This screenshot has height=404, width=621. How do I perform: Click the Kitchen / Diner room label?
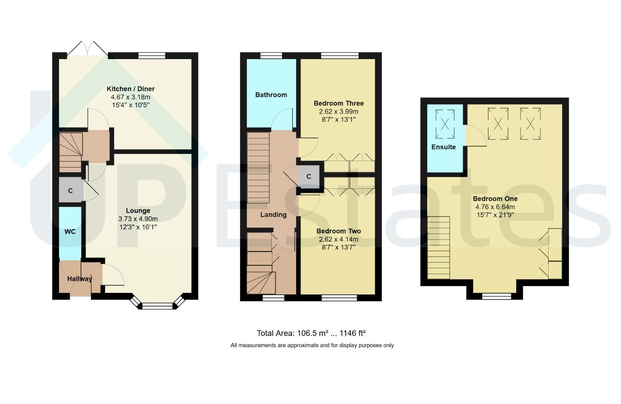130,89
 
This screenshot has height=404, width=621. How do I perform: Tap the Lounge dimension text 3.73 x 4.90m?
138,219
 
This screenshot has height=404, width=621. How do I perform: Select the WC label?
70,232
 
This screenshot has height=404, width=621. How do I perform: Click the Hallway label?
80,279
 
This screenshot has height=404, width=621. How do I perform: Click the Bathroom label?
271,95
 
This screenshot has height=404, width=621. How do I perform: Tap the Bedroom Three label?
339,103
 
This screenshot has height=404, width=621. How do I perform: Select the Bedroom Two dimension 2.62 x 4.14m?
339,239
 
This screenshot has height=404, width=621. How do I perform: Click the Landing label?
274,215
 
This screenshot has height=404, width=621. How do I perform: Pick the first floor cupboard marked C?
309,177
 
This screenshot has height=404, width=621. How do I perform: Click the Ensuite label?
444,147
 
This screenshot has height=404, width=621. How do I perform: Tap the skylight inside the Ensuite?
445,124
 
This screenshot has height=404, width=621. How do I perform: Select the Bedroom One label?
495,199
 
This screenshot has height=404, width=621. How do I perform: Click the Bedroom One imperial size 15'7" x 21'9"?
495,215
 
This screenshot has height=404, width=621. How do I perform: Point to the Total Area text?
311,333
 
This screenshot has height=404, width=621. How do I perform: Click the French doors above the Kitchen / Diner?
87,49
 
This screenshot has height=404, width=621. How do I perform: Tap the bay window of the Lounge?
157,305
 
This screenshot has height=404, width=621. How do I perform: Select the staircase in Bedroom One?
439,248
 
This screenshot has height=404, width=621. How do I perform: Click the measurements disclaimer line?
312,345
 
